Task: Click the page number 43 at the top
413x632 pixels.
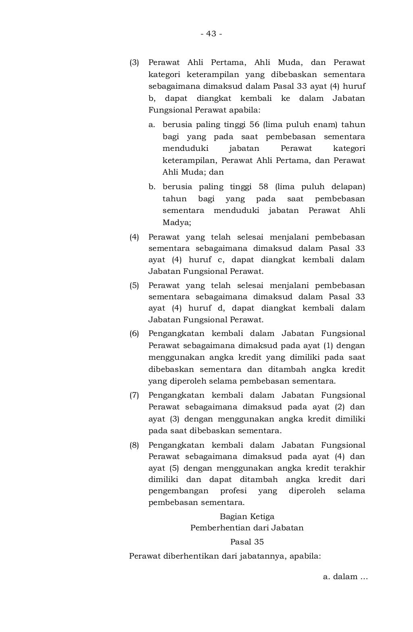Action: click(x=211, y=34)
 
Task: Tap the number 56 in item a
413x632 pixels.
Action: click(x=254, y=125)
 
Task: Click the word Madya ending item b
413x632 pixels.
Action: click(x=176, y=222)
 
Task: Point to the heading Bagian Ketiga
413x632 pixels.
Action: click(x=247, y=516)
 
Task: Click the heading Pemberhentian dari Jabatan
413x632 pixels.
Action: click(x=247, y=528)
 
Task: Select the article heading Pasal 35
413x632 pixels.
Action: click(x=247, y=542)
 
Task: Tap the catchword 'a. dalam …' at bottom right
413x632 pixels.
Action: click(x=346, y=577)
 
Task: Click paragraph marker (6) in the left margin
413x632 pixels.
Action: click(x=134, y=334)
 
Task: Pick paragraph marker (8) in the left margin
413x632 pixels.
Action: click(x=134, y=445)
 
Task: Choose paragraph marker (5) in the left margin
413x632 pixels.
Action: click(x=134, y=286)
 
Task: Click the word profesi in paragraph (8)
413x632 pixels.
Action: click(x=233, y=491)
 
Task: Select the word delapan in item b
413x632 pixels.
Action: click(x=348, y=187)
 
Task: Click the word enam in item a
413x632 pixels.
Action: click(x=325, y=125)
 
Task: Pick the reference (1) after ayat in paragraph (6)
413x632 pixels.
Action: click(x=327, y=346)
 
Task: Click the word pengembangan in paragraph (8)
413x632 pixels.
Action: click(x=178, y=491)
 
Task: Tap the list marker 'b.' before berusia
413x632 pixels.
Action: click(x=152, y=187)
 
